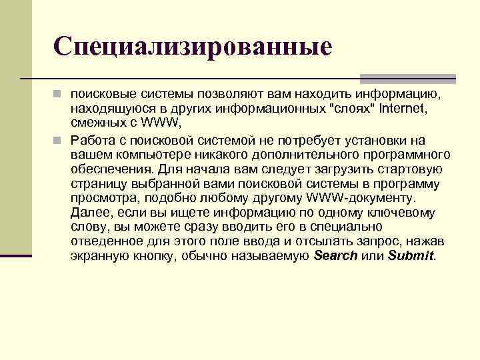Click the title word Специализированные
tap(193, 46)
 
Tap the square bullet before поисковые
tap(59, 94)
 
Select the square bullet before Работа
tap(59, 141)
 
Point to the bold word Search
tap(335, 256)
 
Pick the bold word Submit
tap(410, 256)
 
